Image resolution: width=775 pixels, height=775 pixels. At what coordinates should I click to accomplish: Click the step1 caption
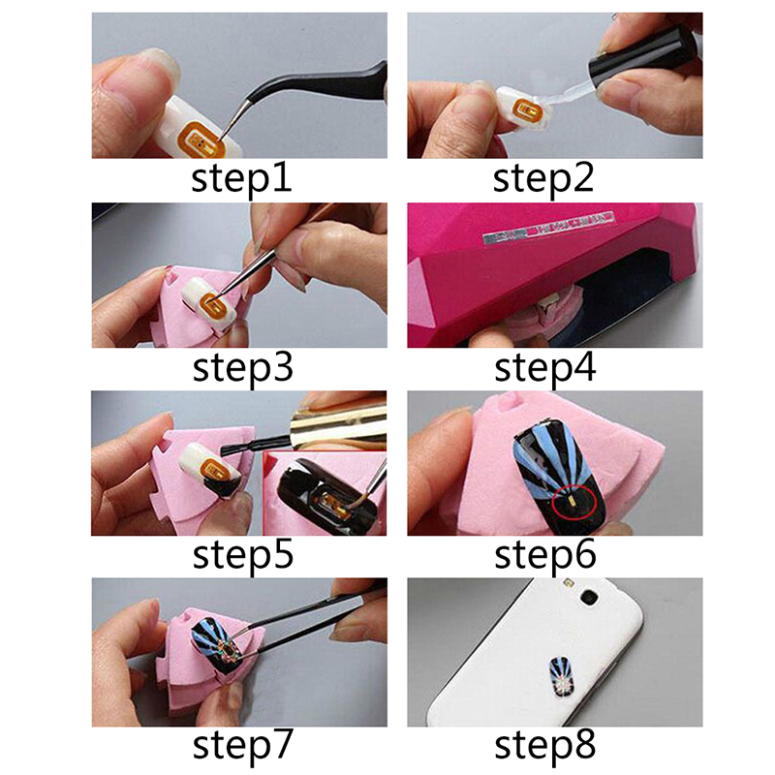pos(241,180)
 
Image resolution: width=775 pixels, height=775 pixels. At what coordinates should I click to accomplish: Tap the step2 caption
pos(543,180)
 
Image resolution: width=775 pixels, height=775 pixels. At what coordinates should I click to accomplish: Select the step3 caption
pos(243,369)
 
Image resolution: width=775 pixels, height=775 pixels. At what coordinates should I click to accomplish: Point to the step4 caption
pos(544,369)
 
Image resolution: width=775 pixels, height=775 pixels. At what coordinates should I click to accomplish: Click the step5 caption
pos(243,556)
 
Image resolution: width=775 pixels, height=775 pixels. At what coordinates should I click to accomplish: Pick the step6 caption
pos(544,556)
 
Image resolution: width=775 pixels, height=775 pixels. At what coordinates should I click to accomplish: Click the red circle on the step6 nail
pos(574,501)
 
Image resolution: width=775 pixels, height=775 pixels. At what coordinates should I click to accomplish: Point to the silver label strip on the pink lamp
pos(548,228)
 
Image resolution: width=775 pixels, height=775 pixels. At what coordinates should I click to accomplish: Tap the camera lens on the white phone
pos(589,598)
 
